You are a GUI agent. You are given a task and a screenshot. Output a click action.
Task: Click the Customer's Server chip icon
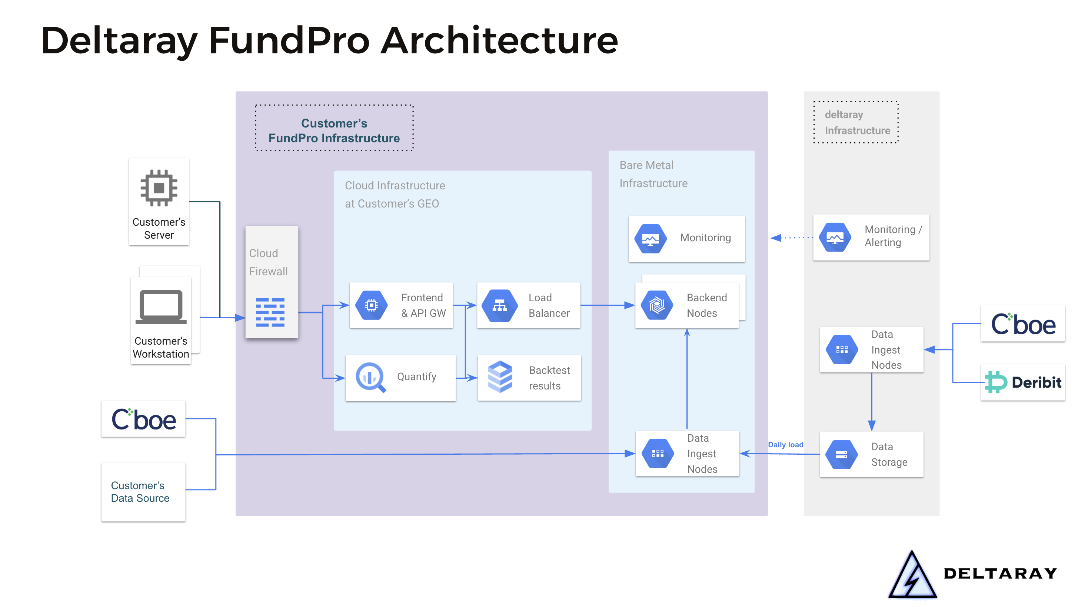159,188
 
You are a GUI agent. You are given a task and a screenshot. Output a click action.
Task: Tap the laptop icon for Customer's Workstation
161,307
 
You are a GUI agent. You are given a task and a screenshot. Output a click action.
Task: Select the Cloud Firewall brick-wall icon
270,312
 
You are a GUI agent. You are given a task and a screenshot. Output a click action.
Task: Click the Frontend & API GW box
401,305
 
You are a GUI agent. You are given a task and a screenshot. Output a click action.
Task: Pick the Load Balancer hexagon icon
499,306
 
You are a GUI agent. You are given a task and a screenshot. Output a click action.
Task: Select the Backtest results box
529,378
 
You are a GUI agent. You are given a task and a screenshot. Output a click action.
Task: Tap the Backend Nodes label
706,305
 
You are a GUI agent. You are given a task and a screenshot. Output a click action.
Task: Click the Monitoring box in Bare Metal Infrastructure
686,239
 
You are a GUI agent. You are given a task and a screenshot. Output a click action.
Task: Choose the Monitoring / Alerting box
871,238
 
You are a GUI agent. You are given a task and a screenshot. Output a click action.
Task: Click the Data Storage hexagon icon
841,454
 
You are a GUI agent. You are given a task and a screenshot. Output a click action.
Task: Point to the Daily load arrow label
785,445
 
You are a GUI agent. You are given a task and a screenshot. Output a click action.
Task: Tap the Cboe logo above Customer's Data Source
143,419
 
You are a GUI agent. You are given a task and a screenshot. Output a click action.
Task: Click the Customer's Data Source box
143,492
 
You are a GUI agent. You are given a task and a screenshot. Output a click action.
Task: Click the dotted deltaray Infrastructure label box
856,122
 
